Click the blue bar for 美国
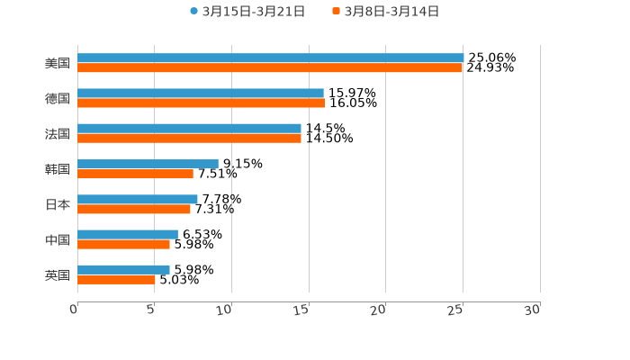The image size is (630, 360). coord(270,58)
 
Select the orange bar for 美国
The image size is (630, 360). coord(270,67)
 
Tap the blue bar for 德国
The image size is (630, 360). coord(200,94)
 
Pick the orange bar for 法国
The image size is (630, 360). coord(189,138)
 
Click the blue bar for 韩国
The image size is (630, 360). coord(148,164)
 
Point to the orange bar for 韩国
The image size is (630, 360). coord(135,174)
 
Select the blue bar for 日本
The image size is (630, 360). coord(137,199)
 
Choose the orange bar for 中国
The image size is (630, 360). coord(123,244)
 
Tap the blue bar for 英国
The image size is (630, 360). coord(123,269)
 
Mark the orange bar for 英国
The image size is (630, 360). coord(116,279)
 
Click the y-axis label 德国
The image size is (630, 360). coord(58,99)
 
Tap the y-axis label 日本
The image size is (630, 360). coord(58,204)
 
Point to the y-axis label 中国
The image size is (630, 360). coord(58,239)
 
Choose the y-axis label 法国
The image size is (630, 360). coord(58,134)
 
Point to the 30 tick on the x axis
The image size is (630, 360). coord(533,310)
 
